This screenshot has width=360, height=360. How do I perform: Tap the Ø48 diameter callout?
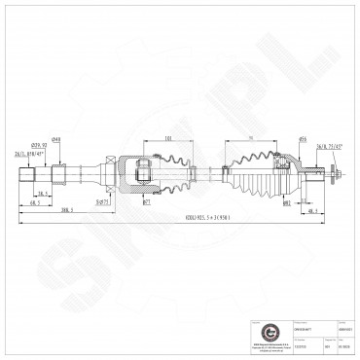pos(57,139)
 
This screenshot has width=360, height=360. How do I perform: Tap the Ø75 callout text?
pos(102,203)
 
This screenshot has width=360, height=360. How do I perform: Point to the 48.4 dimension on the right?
pos(310,209)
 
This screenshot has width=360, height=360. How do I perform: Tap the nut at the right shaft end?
pos(334,176)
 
